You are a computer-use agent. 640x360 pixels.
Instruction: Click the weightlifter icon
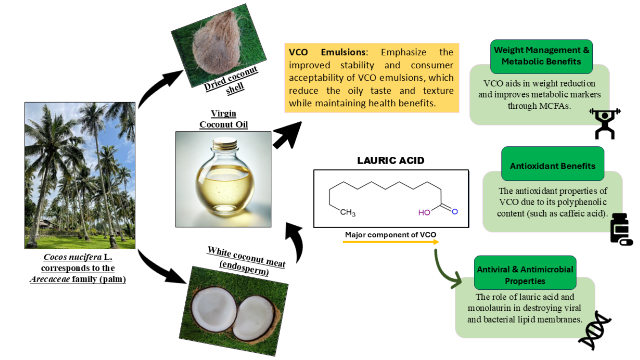point(605,123)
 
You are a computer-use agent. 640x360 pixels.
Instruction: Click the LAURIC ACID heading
point(390,161)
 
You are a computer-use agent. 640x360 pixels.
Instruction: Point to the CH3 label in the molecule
point(347,212)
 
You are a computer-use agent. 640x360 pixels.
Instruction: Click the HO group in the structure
point(424,212)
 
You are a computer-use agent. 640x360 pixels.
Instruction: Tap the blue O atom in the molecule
point(455,211)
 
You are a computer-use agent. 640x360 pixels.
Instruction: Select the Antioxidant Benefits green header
point(552,166)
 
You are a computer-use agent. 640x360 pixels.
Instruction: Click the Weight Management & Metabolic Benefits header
point(541,56)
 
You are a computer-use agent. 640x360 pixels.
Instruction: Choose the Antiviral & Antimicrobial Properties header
point(525,275)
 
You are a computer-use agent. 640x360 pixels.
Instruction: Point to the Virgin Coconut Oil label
point(223,119)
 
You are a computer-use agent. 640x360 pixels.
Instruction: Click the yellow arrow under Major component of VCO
point(390,242)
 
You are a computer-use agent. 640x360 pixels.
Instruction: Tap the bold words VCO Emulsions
point(327,52)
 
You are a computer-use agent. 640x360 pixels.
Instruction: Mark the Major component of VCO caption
point(390,235)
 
